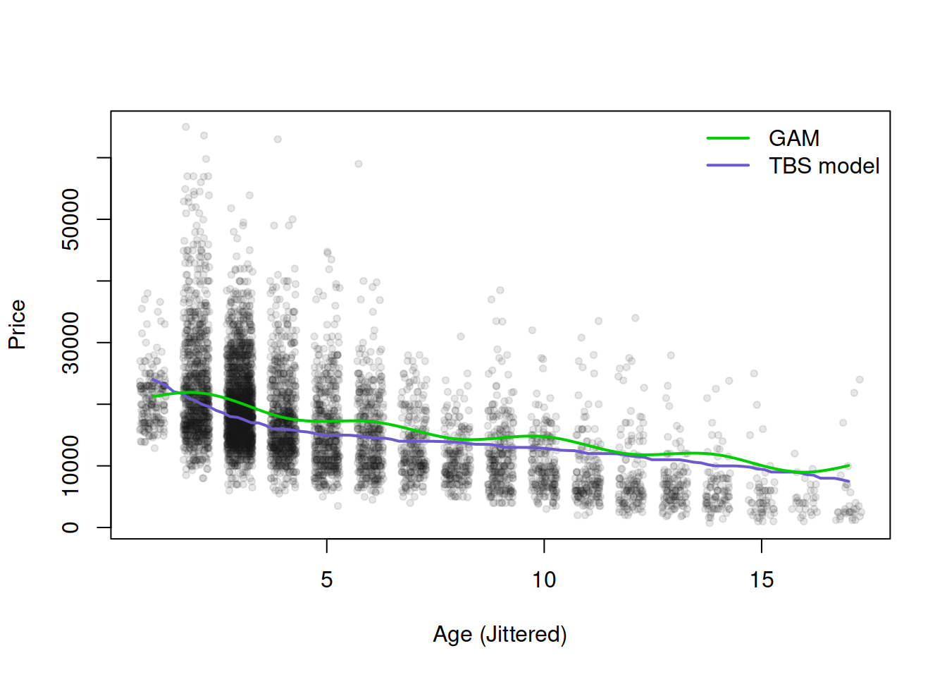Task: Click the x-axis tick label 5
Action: coord(326,580)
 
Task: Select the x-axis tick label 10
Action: coord(543,580)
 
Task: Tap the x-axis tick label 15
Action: coord(761,580)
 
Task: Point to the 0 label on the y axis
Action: coord(70,527)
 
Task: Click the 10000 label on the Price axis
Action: coord(70,465)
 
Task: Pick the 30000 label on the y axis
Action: coord(70,343)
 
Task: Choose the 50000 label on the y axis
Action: coord(70,219)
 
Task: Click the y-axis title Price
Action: coord(17,324)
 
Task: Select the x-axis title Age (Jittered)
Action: coord(500,634)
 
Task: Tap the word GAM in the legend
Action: coord(793,138)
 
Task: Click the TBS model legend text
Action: coord(824,166)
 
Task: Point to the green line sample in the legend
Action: coord(728,138)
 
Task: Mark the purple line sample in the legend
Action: coord(728,166)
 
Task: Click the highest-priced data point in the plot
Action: coord(186,127)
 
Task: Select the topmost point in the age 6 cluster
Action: coord(359,164)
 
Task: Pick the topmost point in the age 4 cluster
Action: coord(278,140)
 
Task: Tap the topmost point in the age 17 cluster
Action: coord(860,379)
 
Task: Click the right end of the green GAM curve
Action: coord(849,465)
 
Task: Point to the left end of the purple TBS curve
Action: coord(152,379)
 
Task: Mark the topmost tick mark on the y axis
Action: coord(104,158)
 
